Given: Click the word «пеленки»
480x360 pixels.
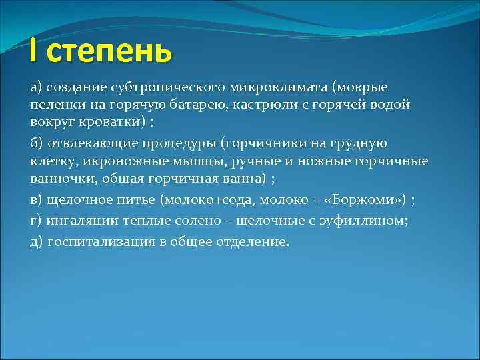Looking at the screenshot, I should [55, 105].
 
